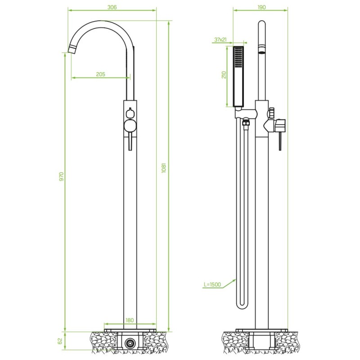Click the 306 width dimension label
pos(112,7)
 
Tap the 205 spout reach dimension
pos(100,74)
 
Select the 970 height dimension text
pos(61,176)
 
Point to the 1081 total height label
pos(163,168)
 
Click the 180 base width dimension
pos(130,320)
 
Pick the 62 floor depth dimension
pos(60,341)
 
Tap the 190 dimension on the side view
pos(261,7)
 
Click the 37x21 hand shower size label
pos(220,40)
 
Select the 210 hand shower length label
pos(224,75)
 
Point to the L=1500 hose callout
pos(212,284)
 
